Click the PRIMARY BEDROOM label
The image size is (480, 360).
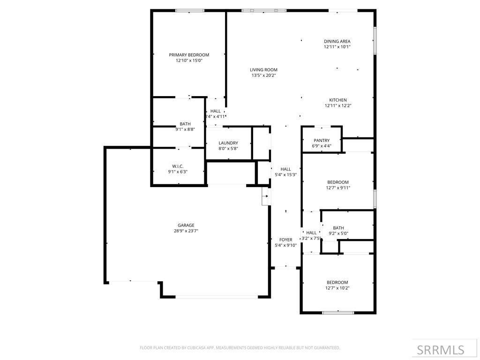tap(189, 55)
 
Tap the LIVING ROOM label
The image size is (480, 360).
tap(263, 70)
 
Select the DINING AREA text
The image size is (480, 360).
tap(337, 41)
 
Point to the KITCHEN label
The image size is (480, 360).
tap(337, 100)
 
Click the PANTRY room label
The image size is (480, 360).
tap(322, 140)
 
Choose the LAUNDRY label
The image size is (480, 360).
tap(228, 143)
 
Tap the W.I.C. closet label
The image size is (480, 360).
tap(178, 166)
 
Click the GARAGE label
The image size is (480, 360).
tap(186, 225)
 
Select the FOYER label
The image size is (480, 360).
tap(285, 240)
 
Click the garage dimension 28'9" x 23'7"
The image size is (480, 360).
tap(186, 231)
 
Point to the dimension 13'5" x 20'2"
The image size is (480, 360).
tap(263, 75)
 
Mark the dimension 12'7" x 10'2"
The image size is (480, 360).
tap(337, 288)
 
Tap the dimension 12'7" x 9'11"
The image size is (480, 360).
tap(337, 188)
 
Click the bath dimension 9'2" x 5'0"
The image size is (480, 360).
tap(338, 233)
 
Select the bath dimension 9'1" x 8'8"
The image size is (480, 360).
tap(185, 129)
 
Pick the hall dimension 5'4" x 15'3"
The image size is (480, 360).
tap(285, 175)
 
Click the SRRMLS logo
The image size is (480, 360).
tap(440, 350)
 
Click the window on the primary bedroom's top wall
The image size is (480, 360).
tap(189, 10)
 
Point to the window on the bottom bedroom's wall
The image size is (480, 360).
tap(338, 312)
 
